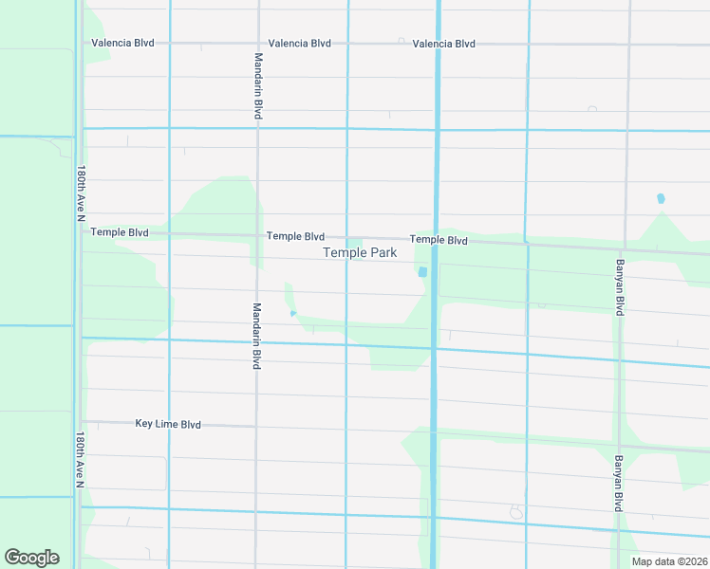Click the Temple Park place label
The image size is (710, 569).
(x=360, y=252)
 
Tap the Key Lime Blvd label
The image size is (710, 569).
(x=168, y=425)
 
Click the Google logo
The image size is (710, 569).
(x=31, y=558)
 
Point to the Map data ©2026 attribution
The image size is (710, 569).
(x=668, y=561)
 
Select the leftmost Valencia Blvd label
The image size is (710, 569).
(x=122, y=44)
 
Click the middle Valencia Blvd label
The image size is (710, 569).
(x=299, y=44)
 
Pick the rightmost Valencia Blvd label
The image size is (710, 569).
(x=443, y=44)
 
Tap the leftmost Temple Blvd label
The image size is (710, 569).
(x=119, y=231)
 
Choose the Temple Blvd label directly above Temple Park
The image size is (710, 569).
(x=295, y=236)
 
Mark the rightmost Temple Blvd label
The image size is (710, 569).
(x=439, y=241)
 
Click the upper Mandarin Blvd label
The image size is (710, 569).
(x=258, y=85)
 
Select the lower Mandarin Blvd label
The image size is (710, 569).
(x=256, y=336)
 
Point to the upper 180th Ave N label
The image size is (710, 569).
(x=82, y=196)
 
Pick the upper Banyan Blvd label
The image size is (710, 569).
(x=620, y=287)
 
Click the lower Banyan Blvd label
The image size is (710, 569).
(x=618, y=484)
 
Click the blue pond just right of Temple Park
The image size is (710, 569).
(x=422, y=272)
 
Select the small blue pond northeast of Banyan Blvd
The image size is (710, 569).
(x=661, y=199)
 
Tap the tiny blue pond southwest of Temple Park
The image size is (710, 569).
(x=293, y=313)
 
